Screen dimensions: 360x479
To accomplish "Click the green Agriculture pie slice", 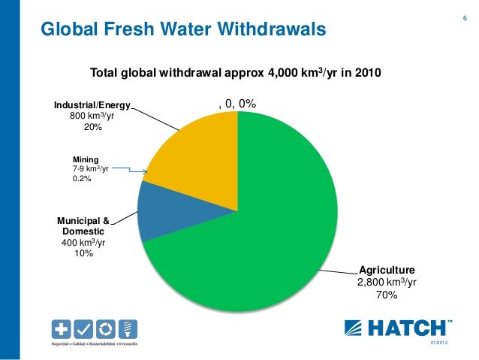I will pyautogui.click(x=263, y=225).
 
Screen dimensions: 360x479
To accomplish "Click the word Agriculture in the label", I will pyautogui.click(x=387, y=268).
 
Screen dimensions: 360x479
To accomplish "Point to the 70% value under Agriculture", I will pyautogui.click(x=386, y=295).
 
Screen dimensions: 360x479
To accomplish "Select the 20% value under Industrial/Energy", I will pyautogui.click(x=92, y=129).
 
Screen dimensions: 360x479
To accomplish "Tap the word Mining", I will pyautogui.click(x=85, y=159).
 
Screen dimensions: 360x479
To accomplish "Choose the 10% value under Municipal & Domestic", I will pyautogui.click(x=83, y=254).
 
